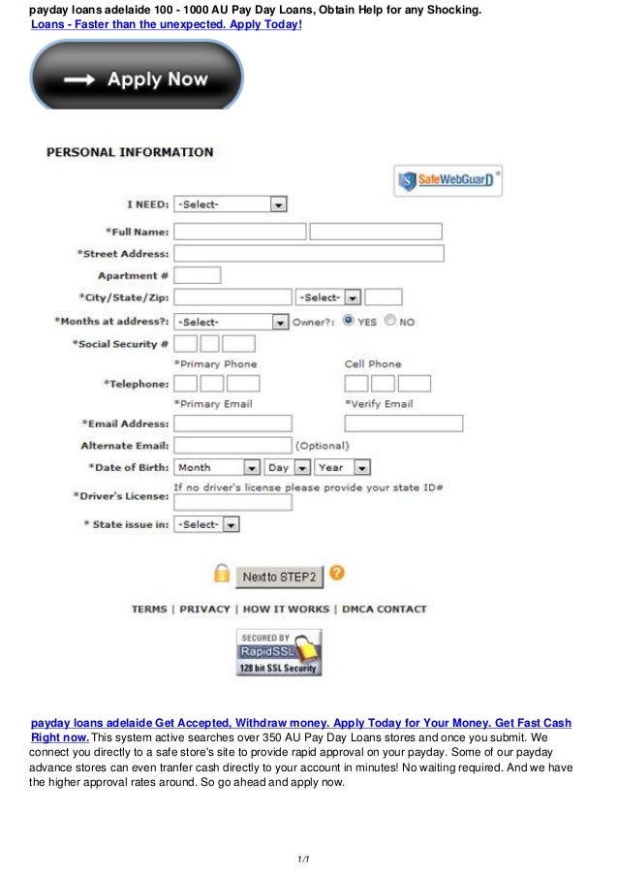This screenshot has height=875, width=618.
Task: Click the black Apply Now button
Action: coord(137,80)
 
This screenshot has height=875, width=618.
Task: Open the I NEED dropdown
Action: coord(230,204)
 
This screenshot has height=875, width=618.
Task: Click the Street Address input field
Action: coord(308,253)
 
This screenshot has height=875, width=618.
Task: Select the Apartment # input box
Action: coord(197,275)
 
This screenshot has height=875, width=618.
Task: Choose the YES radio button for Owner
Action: coord(349,320)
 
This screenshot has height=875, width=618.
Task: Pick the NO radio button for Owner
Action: coord(389,320)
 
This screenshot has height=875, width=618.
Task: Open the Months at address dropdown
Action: coord(231,322)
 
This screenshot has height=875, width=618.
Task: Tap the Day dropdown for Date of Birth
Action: coord(287,467)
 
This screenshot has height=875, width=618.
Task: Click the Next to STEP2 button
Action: coord(279,577)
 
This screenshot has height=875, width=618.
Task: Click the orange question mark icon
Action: coord(337,573)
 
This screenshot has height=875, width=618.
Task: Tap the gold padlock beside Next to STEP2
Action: coord(222,575)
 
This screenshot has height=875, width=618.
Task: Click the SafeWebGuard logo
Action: coord(448,180)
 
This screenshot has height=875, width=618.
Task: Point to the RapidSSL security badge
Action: coord(279,652)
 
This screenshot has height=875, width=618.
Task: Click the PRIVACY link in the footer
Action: coord(204,609)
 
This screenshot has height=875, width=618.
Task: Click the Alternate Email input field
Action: coord(232,445)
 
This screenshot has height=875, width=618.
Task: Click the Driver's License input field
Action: coord(232,502)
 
